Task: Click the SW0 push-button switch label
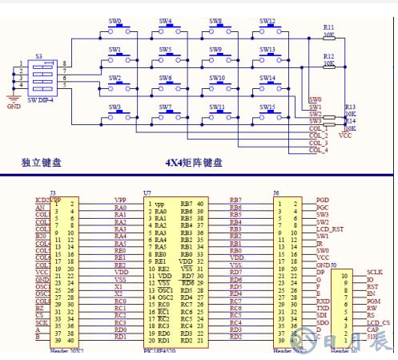tap(115, 22)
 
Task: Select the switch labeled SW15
tap(267, 107)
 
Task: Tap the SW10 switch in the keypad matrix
tap(217, 78)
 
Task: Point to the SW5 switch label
tap(165, 50)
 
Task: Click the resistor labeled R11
tap(328, 27)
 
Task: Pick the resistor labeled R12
tap(328, 56)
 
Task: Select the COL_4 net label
tap(318, 150)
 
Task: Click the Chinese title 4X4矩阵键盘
tap(193, 164)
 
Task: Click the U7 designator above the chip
tap(147, 193)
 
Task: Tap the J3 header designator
tap(52, 193)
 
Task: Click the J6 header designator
tap(276, 193)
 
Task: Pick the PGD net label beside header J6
tap(322, 200)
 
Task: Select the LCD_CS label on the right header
tap(379, 322)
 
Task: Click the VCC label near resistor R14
tap(346, 136)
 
